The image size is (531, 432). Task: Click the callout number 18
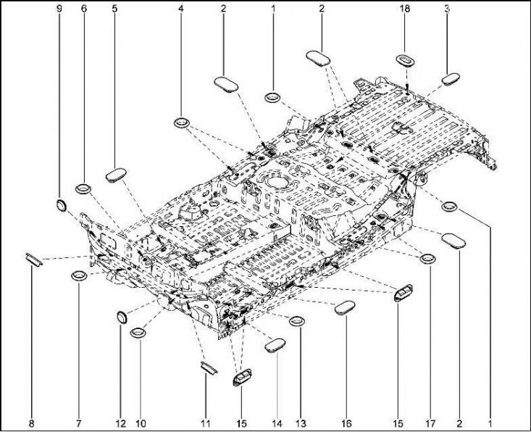[405, 9]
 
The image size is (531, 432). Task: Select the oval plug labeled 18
[406, 60]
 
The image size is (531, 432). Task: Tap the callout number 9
[59, 9]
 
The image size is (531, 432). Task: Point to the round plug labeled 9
[61, 206]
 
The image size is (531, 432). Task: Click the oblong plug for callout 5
[117, 175]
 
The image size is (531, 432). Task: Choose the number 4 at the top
[181, 9]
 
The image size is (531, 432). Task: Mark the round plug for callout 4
[182, 122]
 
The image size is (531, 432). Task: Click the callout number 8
[31, 423]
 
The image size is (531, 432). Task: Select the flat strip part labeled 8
[34, 260]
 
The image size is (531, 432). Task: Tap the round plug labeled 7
[79, 276]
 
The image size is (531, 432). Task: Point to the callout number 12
[121, 423]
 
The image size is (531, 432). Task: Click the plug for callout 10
[138, 333]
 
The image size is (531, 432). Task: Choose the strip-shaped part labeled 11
[209, 368]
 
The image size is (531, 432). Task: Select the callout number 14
[277, 423]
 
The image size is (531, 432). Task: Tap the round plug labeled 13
[297, 321]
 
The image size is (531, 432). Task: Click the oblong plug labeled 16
[345, 307]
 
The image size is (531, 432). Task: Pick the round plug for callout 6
[83, 188]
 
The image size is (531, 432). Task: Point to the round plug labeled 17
[427, 259]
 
